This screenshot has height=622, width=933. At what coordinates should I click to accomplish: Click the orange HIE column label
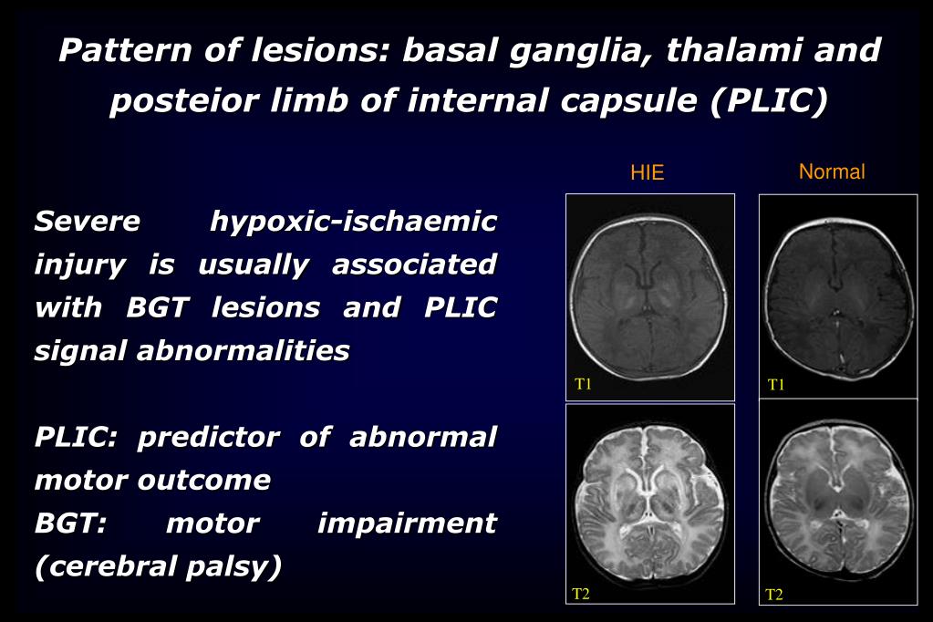point(648,173)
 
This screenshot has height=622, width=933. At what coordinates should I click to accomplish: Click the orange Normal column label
point(832,171)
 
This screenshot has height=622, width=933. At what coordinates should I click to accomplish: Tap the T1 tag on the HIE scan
point(584,384)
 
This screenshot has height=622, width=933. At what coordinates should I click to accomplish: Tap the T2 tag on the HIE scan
point(581,595)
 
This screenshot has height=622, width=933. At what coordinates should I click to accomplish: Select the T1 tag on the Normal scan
point(776,385)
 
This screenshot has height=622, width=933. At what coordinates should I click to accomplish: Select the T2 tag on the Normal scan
point(774,596)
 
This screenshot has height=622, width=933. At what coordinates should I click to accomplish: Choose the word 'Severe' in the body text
point(88,222)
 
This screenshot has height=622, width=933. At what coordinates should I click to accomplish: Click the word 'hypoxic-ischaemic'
point(354,222)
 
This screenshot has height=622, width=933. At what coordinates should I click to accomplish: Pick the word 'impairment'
point(407,524)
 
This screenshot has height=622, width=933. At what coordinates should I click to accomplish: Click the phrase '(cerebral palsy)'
point(158,567)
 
